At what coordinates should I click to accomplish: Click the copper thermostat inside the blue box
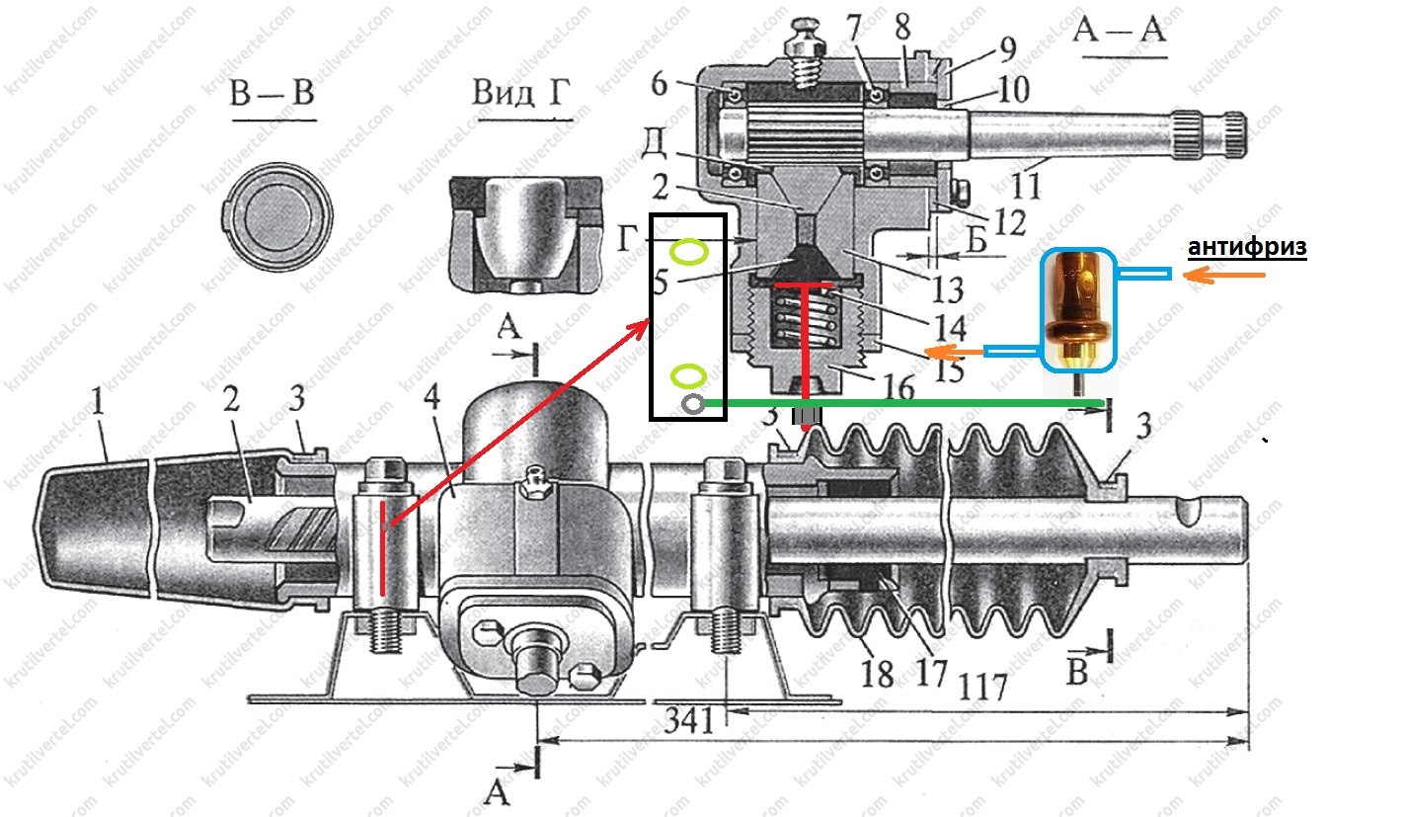pos(1081,307)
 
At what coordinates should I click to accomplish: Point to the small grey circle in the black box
pos(691,403)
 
